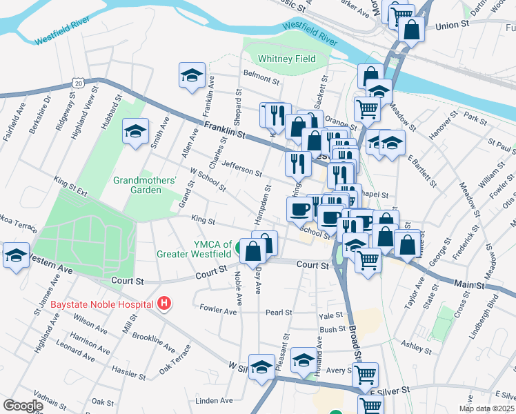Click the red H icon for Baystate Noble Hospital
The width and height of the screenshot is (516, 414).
[163, 303]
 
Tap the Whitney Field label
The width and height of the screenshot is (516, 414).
[287, 59]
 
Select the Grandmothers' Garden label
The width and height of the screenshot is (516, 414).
[146, 185]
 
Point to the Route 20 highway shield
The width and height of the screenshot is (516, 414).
[77, 83]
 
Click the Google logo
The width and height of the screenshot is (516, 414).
[23, 405]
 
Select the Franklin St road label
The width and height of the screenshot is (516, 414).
[225, 130]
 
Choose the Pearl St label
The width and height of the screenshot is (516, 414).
[279, 313]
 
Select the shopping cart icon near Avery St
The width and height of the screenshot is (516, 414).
[365, 375]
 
